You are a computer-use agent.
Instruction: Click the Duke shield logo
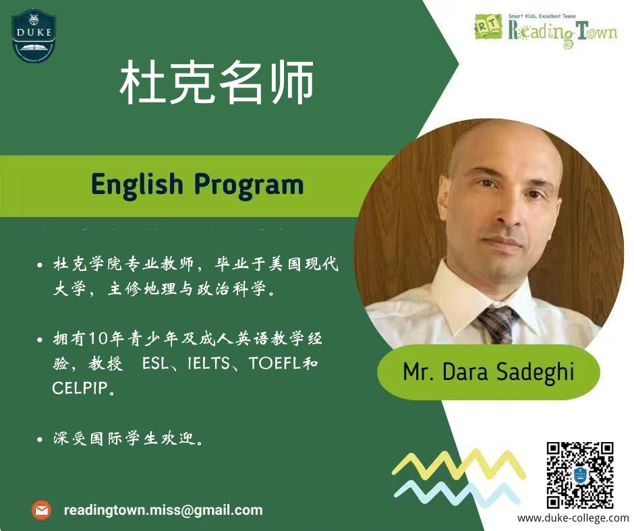[34, 36]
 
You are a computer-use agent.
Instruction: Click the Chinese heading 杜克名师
[217, 82]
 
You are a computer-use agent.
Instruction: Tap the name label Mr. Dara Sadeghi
[488, 371]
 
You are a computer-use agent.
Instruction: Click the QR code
[580, 475]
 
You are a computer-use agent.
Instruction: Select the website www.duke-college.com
[573, 518]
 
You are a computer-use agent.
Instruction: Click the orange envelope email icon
[41, 510]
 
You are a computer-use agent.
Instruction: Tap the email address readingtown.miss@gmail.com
[163, 510]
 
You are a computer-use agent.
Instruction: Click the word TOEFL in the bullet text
[275, 363]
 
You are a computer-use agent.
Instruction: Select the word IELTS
[208, 363]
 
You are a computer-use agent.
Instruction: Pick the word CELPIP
[80, 388]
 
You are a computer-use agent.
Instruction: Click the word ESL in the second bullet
[155, 363]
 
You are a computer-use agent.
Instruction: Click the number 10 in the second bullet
[96, 339]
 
